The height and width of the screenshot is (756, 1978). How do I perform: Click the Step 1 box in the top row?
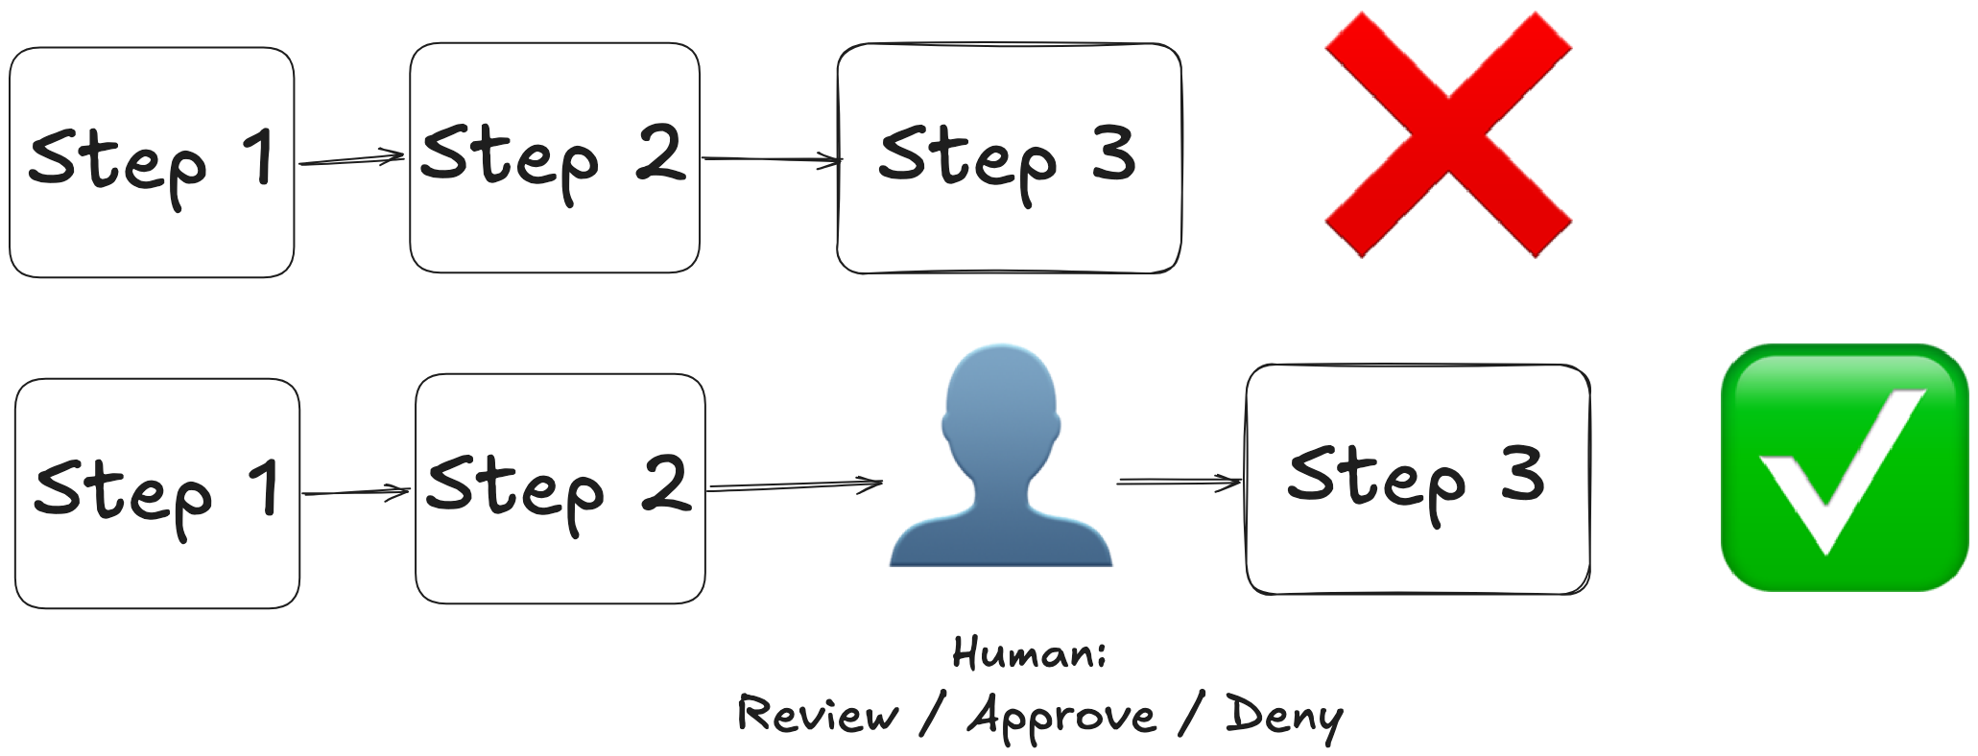coord(152,162)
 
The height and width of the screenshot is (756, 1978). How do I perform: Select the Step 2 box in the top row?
coord(555,157)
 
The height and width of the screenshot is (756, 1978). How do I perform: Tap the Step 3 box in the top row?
coord(1009,158)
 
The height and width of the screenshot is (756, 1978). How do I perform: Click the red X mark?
coord(1448,134)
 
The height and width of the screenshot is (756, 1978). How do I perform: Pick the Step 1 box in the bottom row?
coord(157,493)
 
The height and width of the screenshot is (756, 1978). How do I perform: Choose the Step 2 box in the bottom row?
coord(560,488)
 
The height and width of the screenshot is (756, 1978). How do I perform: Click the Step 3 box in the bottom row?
coord(1418,479)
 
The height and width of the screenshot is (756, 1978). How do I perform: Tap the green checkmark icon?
coord(1845,467)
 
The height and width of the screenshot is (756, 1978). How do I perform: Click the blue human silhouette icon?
coord(1001,461)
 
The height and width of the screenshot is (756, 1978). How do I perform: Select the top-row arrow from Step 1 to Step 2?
coord(351,159)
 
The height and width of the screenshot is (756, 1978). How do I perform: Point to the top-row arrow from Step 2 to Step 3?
coord(771,159)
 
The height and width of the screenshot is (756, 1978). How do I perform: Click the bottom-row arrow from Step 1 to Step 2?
coord(356,493)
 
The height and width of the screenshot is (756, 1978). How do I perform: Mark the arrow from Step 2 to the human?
coord(794,486)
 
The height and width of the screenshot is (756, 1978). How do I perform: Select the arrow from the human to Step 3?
coord(1180,482)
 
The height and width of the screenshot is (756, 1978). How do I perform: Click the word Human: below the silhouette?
coord(1029,653)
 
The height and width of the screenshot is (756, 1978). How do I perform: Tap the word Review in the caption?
coord(818,716)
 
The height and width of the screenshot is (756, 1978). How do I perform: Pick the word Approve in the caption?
coord(1061,718)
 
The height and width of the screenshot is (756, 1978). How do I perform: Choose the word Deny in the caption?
coord(1284,718)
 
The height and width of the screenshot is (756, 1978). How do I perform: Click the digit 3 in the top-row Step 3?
coord(1114,154)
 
